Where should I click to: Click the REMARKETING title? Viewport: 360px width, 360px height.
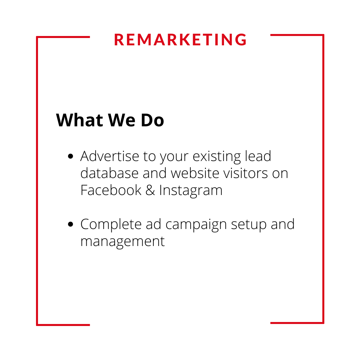[x=180, y=40]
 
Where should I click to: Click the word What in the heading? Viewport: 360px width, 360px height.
[x=79, y=120]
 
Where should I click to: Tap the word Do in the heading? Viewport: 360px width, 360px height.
[x=152, y=120]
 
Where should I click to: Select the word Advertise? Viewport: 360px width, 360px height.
[x=110, y=156]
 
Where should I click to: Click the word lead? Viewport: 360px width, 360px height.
[x=258, y=156]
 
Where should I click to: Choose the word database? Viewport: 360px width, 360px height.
[x=109, y=173]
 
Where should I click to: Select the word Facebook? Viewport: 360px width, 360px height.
[x=111, y=190]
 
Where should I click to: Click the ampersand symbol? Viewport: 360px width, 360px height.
[x=150, y=190]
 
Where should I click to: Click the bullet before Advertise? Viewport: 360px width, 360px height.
[x=70, y=156]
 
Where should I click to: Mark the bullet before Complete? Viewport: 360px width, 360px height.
[x=70, y=224]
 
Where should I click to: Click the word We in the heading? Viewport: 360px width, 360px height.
[x=122, y=120]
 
